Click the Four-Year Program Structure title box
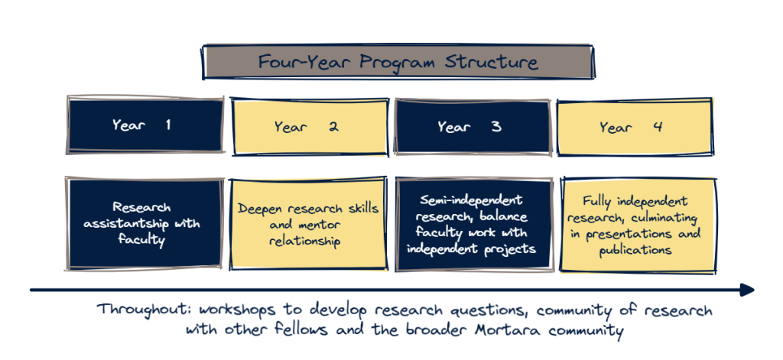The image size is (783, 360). point(398,62)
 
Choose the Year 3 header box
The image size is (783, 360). point(472,127)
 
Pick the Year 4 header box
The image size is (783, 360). point(634,127)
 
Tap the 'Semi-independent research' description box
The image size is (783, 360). point(473,223)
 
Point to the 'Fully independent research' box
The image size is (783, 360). point(639,225)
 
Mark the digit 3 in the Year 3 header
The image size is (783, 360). point(496,127)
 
